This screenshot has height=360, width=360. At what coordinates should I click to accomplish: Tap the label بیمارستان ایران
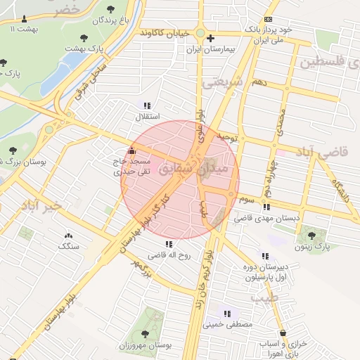pos(210,51)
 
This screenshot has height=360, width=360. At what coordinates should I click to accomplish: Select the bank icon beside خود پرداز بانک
pos(267,19)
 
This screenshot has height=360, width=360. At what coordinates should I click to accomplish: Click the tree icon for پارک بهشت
pos(84,37)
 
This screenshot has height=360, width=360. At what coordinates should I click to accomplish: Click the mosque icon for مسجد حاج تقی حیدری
pos(132,150)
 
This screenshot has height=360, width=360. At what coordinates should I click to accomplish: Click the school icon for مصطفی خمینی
pos(227,313)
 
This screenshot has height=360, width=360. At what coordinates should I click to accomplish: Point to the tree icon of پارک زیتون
pos(311,234)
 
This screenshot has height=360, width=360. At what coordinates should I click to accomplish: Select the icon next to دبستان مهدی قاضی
pos(265,207)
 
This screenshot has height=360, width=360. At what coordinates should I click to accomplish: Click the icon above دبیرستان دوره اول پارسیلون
pos(264,256)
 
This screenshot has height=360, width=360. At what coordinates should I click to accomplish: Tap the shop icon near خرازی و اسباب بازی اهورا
pos(283,333)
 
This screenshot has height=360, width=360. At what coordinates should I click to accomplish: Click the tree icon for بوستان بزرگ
pos(13,150)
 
